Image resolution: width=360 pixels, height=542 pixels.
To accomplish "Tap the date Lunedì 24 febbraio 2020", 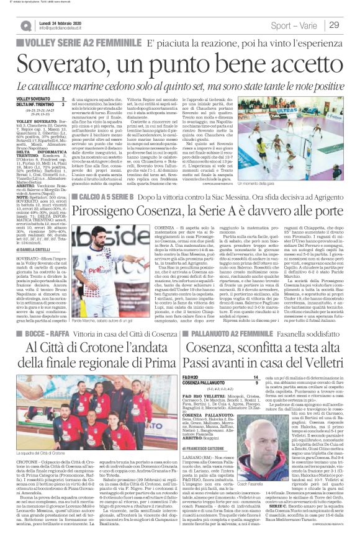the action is pyautogui.click(x=61, y=22).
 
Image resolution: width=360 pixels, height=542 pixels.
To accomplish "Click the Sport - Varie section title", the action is pyautogui.click(x=297, y=25).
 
